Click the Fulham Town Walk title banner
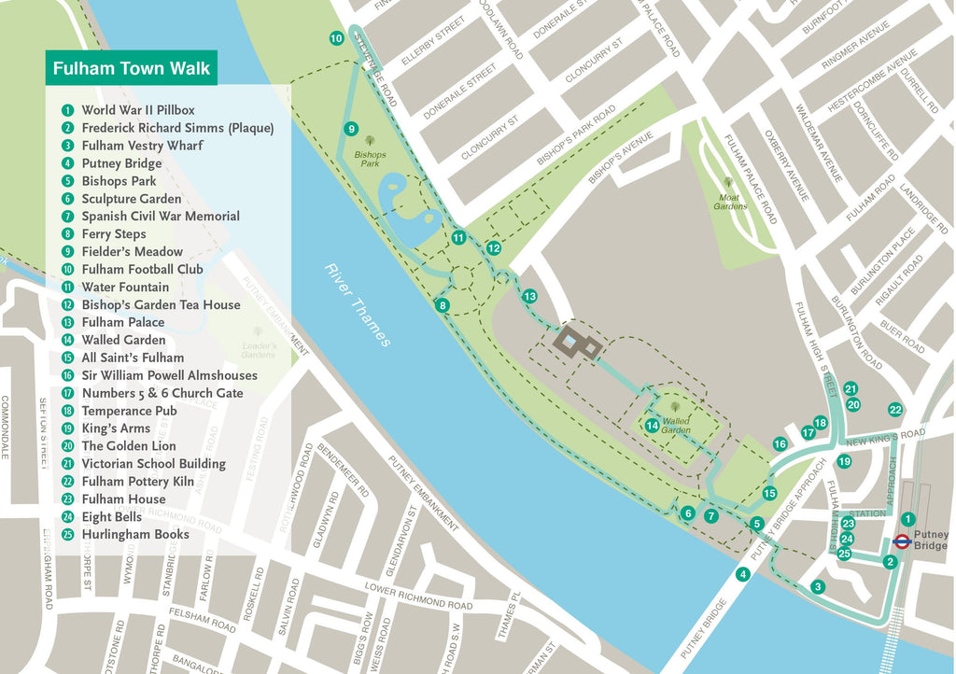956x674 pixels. click(x=131, y=68)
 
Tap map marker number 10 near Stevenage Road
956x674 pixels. click(x=336, y=38)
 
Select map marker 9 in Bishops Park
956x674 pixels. click(x=351, y=129)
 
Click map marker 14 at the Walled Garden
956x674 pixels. click(x=652, y=426)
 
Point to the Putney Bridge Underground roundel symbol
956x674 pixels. click(x=902, y=541)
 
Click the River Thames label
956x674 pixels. click(x=358, y=305)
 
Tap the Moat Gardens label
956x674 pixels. click(x=730, y=201)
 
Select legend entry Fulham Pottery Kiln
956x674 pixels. click(x=137, y=482)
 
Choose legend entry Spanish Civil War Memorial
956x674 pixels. click(x=160, y=216)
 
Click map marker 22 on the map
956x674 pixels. click(x=895, y=410)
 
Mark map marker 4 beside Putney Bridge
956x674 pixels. click(x=743, y=574)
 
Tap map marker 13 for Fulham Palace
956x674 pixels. click(x=529, y=296)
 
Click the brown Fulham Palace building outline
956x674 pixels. click(x=578, y=344)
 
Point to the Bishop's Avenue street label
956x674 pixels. click(x=620, y=161)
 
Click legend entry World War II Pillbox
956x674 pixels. click(x=137, y=110)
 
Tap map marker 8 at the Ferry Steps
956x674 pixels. click(x=443, y=305)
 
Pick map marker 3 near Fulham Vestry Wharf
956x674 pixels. click(x=818, y=587)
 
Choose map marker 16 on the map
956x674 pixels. click(x=780, y=444)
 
